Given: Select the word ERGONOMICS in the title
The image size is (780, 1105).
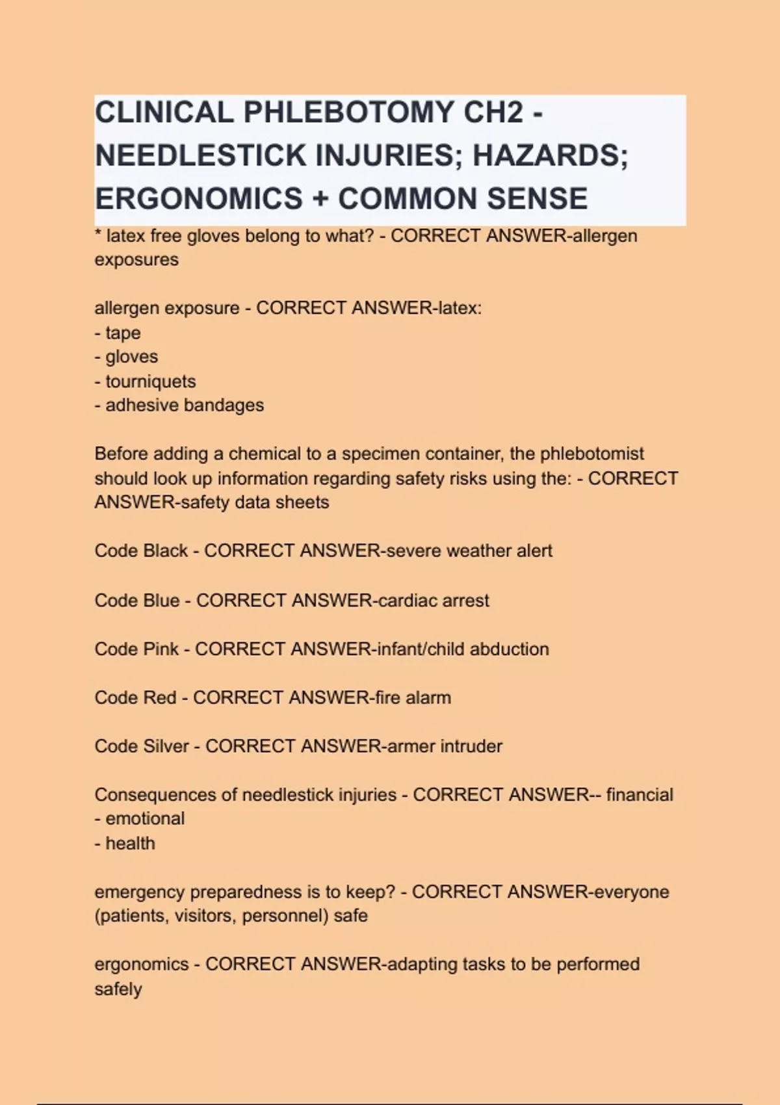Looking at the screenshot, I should (x=198, y=199).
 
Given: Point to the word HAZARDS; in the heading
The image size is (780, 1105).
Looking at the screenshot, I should (x=550, y=156).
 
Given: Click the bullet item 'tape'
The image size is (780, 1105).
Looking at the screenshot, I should (x=123, y=333).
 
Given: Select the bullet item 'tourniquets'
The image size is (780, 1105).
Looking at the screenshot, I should (x=150, y=382).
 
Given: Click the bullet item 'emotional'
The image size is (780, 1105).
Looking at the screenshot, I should (x=144, y=819).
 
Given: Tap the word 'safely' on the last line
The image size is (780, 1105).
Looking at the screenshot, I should (x=118, y=989).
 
